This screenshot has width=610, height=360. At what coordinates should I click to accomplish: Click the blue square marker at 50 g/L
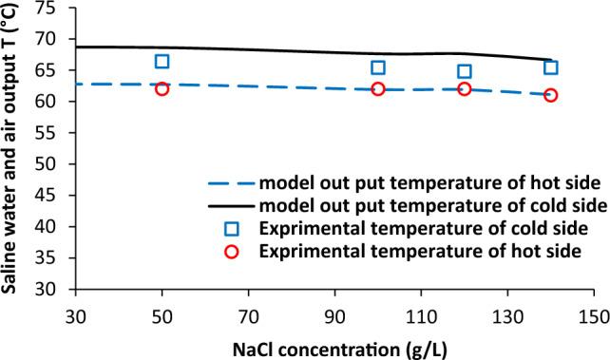tap(162, 61)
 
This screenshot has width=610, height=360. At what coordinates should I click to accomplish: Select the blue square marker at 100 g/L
tap(378, 67)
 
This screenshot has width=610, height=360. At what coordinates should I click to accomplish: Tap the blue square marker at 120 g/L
tap(465, 71)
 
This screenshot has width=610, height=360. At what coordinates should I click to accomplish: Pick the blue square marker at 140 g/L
tap(551, 67)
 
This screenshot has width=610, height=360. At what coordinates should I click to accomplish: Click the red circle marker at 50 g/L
tap(162, 88)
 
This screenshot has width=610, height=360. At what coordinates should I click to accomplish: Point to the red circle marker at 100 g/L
tap(378, 88)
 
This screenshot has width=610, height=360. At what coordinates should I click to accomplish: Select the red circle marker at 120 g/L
tap(465, 88)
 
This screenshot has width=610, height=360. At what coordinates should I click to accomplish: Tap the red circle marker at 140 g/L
tap(551, 95)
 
